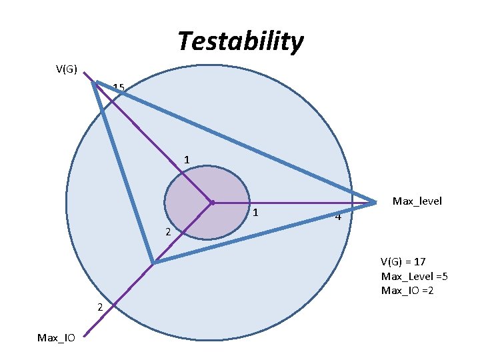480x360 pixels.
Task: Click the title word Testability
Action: coord(240,41)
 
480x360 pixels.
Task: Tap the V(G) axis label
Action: coord(67,69)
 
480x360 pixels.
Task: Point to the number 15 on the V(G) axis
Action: coord(119,87)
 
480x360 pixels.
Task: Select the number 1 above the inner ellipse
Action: coord(187,160)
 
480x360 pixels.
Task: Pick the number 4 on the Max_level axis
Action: coord(339,217)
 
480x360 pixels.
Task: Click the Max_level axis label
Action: coord(417,201)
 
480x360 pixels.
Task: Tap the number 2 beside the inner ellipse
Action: coord(169,232)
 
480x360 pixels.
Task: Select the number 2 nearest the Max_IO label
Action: coord(99,307)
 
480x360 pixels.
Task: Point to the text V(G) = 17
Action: coord(403,261)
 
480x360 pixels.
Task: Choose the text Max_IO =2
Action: coord(407,291)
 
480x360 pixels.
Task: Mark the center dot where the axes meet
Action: coord(211,202)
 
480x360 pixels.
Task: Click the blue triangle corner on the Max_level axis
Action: coord(375,201)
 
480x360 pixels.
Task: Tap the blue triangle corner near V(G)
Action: coord(96,83)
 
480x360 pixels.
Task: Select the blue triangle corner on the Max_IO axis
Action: coord(153,263)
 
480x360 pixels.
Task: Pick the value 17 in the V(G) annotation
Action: coord(419,261)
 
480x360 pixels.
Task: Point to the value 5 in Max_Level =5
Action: coord(440,276)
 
